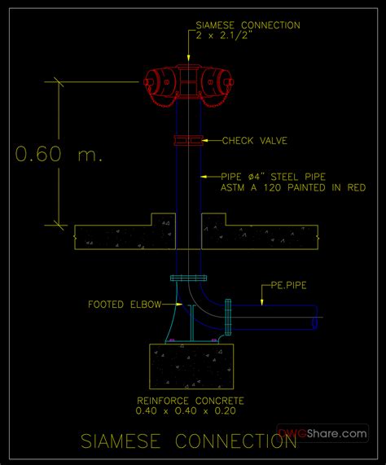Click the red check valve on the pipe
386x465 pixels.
click(189, 140)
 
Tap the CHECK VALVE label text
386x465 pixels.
click(255, 141)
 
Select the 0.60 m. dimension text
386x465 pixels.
click(59, 154)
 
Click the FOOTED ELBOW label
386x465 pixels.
click(125, 305)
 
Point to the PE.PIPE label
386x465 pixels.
click(289, 285)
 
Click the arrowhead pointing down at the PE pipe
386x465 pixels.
click(261, 302)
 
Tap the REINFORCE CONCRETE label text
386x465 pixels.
click(191, 401)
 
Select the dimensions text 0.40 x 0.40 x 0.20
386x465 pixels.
click(186, 410)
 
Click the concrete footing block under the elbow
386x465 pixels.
click(191, 366)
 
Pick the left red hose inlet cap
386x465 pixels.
click(148, 82)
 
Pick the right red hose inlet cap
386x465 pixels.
click(230, 82)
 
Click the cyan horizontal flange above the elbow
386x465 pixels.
click(189, 279)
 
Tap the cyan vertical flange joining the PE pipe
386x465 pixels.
click(228, 317)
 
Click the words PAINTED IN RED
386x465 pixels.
click(327, 188)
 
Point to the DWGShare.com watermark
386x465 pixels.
click(322, 433)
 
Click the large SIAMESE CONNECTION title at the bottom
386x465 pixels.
click(189, 441)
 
